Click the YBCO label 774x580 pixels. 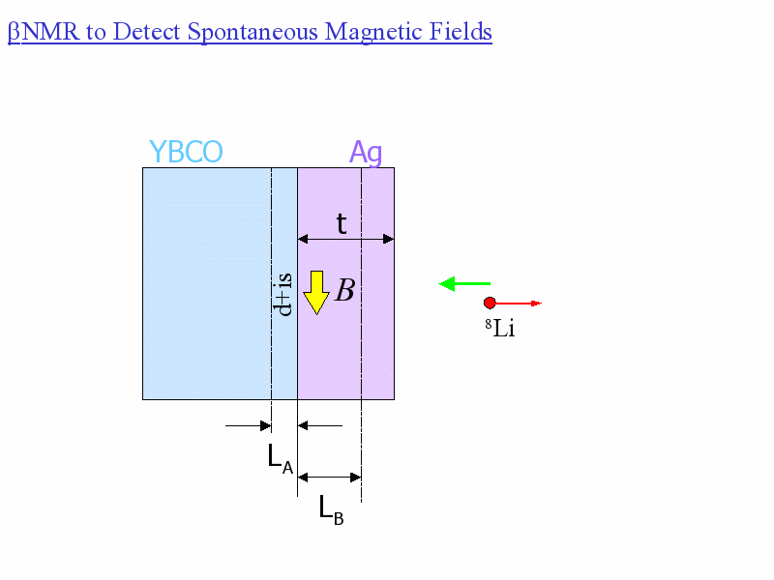coord(186,153)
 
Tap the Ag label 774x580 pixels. coord(366,153)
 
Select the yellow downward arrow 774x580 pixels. coord(316,292)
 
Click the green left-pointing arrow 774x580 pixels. coord(464,283)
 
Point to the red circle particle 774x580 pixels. coord(490,303)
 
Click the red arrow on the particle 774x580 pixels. coord(519,304)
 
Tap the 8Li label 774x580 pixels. coord(499,329)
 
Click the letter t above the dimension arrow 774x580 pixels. coord(342,224)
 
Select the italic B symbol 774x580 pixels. coord(344,290)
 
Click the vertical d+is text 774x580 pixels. coord(284,294)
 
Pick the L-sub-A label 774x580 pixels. coord(280,458)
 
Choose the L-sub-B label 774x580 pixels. coord(331,509)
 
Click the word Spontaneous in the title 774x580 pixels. coord(253,32)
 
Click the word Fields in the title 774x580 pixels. coord(460,32)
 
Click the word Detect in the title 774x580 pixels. coord(146,32)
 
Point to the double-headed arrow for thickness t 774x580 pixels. coord(345,239)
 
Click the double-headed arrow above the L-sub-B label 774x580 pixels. coord(329,477)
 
